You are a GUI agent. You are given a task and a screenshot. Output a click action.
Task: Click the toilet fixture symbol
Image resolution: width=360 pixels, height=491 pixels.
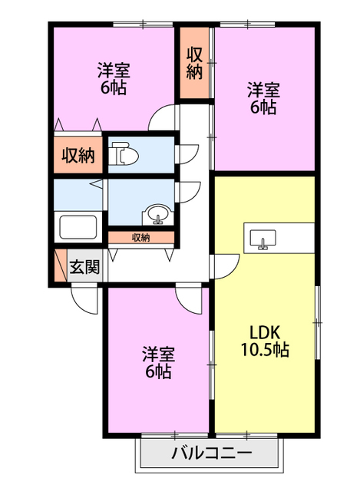(x=124, y=153)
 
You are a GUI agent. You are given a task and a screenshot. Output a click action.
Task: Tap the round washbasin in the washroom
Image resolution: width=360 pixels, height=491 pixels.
(x=157, y=215)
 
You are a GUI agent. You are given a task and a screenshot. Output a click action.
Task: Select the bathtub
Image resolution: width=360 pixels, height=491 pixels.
(x=78, y=227)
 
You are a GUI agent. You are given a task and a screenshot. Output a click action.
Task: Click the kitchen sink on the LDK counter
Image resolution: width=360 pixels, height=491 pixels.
(x=263, y=239)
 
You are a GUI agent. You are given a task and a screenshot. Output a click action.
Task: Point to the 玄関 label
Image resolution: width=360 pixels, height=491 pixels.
(x=84, y=267)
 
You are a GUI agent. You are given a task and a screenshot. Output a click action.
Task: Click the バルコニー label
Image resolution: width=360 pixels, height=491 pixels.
(x=212, y=453)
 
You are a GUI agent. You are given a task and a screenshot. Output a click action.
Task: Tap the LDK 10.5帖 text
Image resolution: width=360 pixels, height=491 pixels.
(x=265, y=341)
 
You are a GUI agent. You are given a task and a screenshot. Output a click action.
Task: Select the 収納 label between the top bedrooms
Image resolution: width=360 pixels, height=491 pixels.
(x=194, y=63)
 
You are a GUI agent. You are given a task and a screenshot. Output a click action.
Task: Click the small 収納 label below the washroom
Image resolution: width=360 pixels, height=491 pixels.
(x=141, y=238)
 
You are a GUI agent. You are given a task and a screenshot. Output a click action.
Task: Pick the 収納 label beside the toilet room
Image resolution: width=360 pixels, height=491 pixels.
(x=78, y=155)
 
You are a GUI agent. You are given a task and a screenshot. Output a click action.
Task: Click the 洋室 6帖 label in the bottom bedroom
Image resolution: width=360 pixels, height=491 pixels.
(x=158, y=362)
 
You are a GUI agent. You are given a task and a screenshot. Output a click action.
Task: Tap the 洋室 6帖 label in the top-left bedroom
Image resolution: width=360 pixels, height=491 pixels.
(x=114, y=78)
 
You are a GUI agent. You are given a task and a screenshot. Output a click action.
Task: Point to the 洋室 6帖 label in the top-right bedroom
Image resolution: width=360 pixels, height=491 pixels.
(x=263, y=98)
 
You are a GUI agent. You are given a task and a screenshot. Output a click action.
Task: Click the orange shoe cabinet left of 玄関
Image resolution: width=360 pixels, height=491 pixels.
(x=61, y=265)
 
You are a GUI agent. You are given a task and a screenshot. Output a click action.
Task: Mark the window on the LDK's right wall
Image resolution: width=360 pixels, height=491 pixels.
(x=318, y=322)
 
